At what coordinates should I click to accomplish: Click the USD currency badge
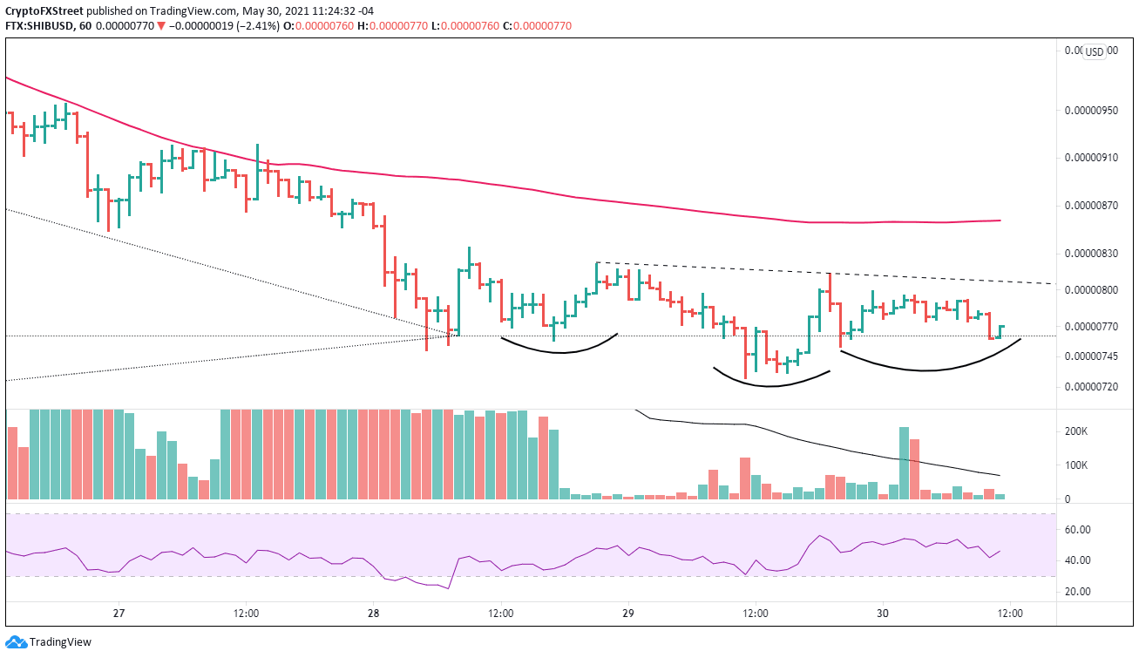[x=1094, y=51]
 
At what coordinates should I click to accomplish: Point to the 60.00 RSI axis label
[x=1078, y=530]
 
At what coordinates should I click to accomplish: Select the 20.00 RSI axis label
[x=1078, y=592]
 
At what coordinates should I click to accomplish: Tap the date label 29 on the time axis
[x=627, y=613]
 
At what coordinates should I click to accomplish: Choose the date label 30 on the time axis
[x=882, y=613]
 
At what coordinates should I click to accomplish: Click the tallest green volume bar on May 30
[x=904, y=463]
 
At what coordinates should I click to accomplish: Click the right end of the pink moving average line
[x=1000, y=220]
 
